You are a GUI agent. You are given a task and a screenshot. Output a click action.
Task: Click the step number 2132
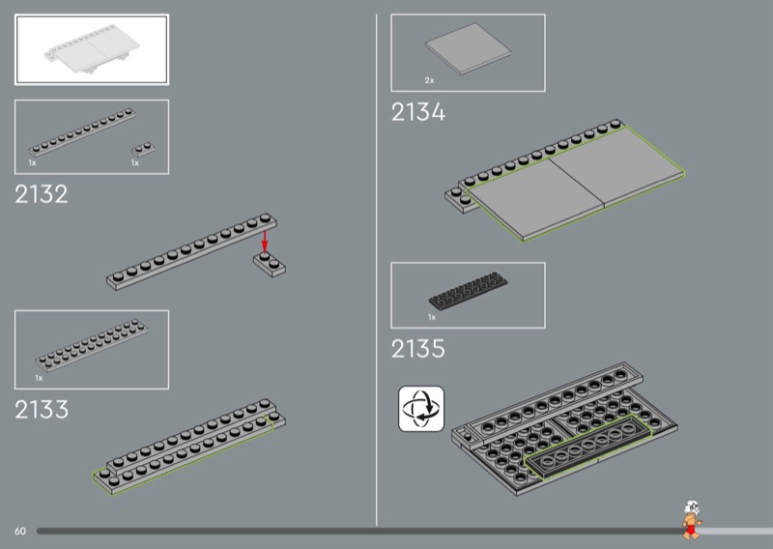[42, 194]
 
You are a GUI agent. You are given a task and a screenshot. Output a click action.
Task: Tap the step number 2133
[42, 409]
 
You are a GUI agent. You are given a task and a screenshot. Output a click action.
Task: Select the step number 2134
[418, 112]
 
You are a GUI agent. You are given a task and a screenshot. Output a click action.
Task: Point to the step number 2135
[418, 349]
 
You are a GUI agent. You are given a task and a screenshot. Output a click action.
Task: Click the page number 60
[20, 531]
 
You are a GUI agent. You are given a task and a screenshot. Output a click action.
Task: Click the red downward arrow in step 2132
[264, 239]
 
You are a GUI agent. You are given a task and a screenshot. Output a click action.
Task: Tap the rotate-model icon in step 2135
[421, 407]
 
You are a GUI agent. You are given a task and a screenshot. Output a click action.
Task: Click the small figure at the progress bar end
[691, 519]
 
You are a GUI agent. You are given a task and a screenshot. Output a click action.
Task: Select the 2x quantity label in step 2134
[429, 80]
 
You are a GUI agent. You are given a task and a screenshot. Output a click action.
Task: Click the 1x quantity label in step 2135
[432, 317]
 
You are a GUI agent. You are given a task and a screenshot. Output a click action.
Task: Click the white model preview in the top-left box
[92, 49]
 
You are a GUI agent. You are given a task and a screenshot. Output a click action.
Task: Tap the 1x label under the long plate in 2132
[32, 163]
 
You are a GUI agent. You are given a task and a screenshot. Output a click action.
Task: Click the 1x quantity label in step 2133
[39, 378]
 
